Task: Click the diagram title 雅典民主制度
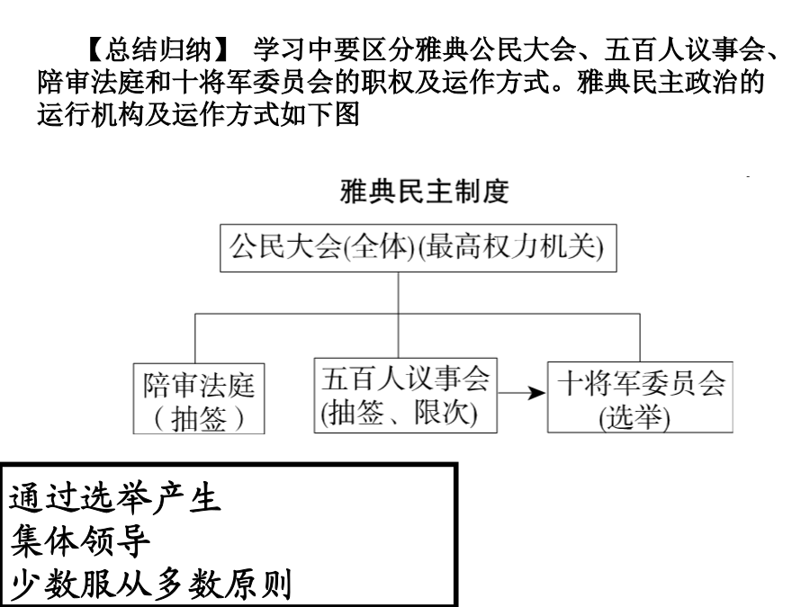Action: click(425, 192)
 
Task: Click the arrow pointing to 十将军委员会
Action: click(522, 393)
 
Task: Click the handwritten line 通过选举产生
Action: click(115, 499)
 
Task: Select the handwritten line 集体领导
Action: click(80, 542)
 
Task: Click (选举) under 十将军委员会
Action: click(634, 417)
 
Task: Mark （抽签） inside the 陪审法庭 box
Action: click(199, 418)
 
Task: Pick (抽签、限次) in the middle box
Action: click(399, 413)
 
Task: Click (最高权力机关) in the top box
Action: click(510, 246)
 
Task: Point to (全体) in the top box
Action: click(379, 246)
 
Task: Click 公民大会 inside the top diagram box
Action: click(285, 245)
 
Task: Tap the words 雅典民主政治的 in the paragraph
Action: click(670, 83)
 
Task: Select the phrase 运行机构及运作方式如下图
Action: click(198, 114)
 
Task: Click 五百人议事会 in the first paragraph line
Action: click(685, 50)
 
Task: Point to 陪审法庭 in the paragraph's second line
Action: click(91, 83)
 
